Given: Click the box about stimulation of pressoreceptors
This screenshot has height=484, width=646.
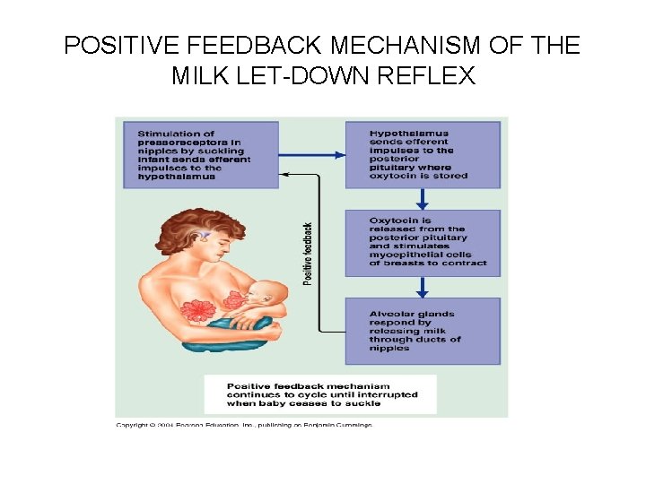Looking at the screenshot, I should pos(201,154).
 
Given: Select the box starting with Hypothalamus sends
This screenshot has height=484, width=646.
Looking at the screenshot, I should pos(423,154).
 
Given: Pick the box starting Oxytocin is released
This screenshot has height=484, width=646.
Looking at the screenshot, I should pos(423,243).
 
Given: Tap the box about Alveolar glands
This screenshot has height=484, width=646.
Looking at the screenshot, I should pos(423,331).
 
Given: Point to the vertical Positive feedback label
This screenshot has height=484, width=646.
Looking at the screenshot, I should pos(308,254).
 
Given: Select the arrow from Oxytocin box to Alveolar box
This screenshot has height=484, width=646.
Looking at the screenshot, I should pos(423,287).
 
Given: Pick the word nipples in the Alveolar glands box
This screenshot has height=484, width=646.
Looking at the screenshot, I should pos(389,348).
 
